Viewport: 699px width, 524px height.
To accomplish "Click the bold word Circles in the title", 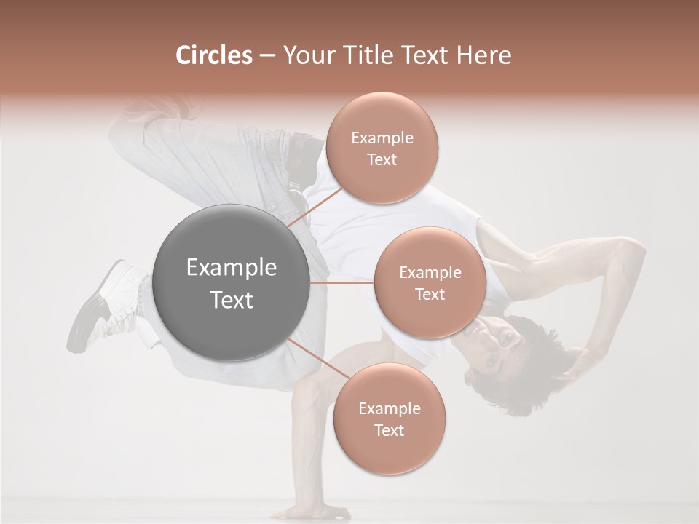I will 214,55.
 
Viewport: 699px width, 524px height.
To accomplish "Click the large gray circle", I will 232,283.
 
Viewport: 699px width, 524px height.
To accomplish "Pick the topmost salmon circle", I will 382,148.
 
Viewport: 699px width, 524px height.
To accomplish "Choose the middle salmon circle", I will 430,282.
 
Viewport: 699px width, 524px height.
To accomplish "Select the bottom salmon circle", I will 389,418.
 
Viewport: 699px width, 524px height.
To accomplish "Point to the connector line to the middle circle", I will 342,282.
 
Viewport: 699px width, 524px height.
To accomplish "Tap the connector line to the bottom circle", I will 316,359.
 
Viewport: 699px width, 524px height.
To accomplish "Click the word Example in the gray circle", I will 232,268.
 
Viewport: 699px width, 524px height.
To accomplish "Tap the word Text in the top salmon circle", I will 382,159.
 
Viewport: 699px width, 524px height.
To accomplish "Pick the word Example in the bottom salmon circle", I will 389,408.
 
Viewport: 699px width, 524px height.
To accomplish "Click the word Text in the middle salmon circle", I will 430,294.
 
